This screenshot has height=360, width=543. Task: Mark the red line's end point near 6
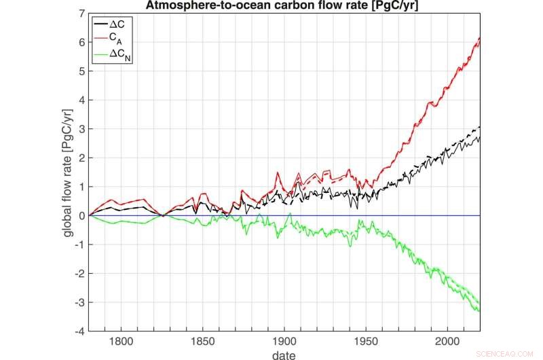(x=479, y=39)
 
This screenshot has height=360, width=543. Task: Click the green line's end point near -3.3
(x=479, y=310)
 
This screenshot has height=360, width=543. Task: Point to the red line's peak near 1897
(x=278, y=173)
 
